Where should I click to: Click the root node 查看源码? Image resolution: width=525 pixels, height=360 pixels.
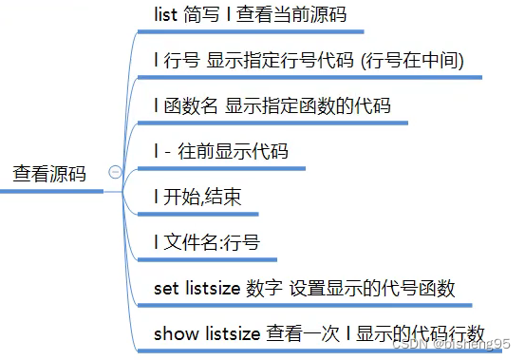[48, 175]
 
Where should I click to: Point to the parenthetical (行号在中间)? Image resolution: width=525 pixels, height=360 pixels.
[410, 62]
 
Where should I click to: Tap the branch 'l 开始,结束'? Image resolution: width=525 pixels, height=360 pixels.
[197, 198]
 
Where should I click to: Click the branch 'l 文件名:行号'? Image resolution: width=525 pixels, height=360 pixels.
[206, 243]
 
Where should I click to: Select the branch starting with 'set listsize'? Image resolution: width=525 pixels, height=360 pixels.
[305, 288]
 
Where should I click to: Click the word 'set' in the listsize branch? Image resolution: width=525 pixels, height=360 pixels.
[165, 288]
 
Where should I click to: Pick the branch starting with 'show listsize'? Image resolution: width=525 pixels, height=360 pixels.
[319, 333]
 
